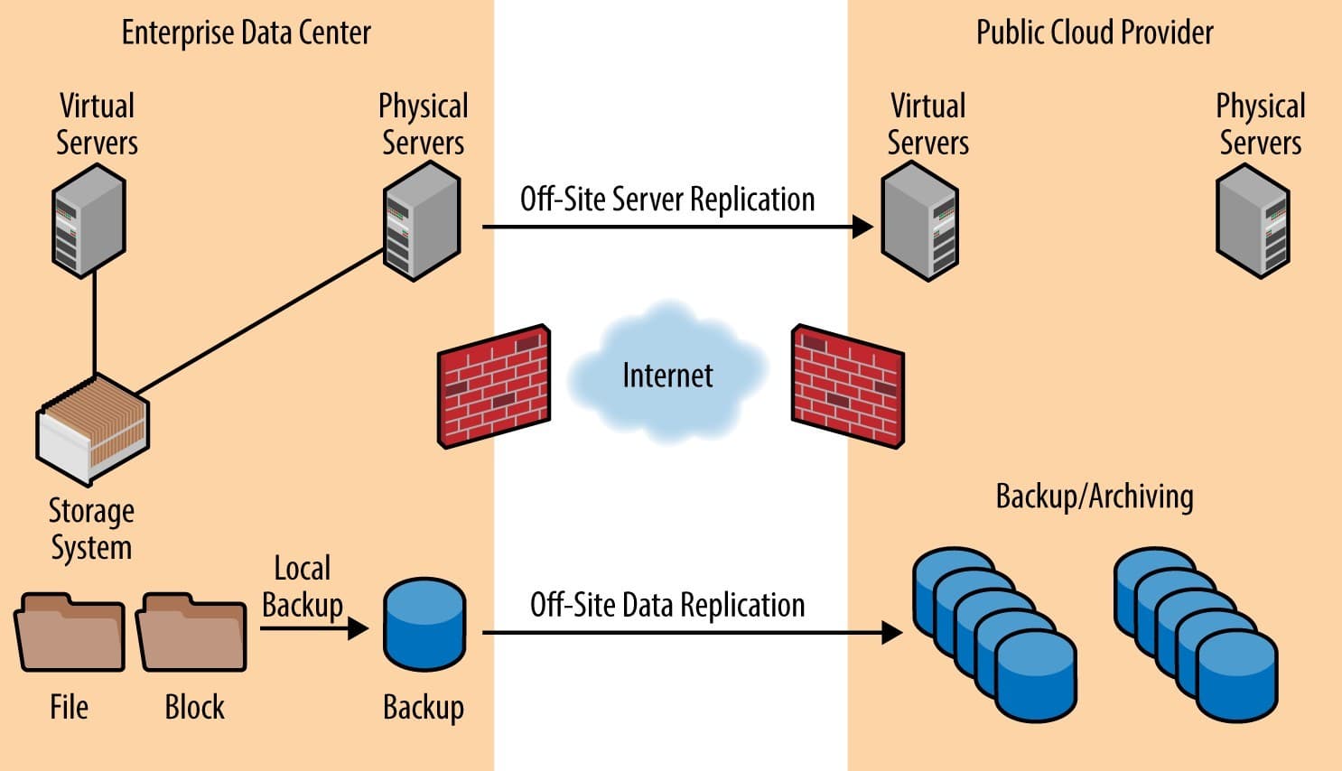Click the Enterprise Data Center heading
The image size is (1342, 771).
pos(246,33)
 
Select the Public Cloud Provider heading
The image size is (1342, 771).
pos(1094,33)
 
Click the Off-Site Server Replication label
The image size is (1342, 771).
pos(667,200)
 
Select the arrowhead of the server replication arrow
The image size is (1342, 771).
pos(863,227)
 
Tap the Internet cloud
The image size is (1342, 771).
pos(667,374)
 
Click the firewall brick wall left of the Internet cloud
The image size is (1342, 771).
pos(494,385)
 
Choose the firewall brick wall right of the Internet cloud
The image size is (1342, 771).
pos(847,385)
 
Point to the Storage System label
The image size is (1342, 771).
pos(91,529)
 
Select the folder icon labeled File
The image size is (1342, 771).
pos(70,633)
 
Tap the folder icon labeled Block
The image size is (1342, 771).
pos(191,633)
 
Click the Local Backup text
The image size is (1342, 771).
pos(303,587)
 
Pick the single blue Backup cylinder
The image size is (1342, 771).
pos(424,625)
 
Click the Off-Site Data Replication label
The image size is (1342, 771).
pos(667,605)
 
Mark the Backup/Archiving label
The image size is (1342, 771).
pos(1094,497)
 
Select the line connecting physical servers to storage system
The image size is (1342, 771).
pos(262,321)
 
